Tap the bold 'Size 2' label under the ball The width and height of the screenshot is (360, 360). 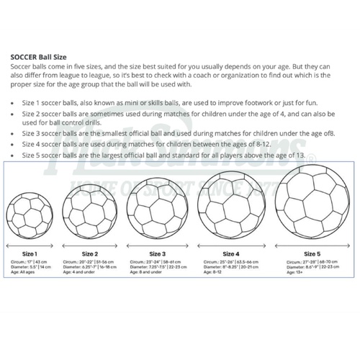(90, 253)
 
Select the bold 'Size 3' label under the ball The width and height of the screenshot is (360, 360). (158, 254)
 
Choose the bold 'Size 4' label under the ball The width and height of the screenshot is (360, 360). (231, 254)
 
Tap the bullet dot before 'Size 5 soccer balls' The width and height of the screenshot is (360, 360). (15, 155)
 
